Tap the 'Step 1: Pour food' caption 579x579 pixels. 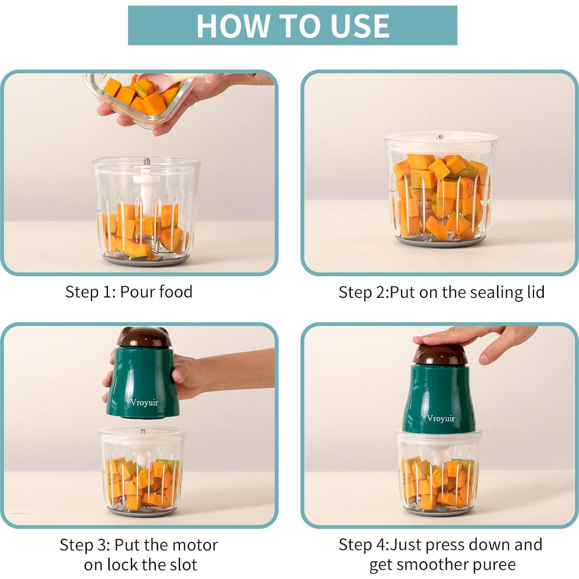(x=129, y=292)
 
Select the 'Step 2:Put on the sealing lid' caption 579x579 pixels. (x=441, y=292)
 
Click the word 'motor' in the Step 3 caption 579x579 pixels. (x=195, y=545)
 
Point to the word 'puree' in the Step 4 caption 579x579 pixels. (x=496, y=564)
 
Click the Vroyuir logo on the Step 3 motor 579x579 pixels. (x=144, y=403)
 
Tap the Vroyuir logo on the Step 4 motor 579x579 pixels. (x=441, y=418)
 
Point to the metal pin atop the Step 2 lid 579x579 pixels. (x=440, y=137)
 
